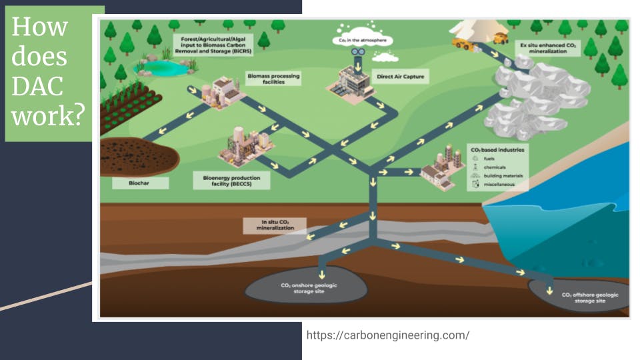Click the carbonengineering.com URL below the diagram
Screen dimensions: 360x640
coord(387,335)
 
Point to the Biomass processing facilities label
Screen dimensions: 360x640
coord(273,79)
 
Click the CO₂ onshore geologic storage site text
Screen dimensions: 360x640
coord(309,288)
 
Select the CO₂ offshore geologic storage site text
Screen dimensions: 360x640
coord(590,297)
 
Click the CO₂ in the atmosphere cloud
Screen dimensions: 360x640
coord(359,41)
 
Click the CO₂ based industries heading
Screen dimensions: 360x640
coord(497,150)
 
